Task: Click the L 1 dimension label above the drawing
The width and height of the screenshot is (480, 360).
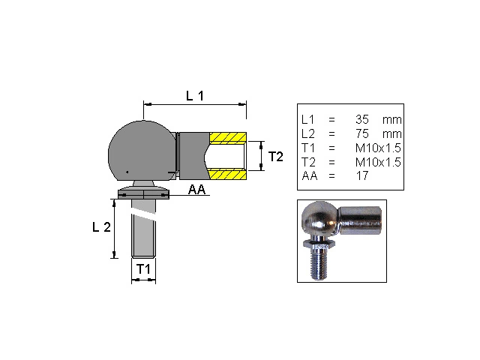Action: [195, 96]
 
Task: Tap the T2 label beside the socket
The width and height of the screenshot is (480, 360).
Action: [276, 157]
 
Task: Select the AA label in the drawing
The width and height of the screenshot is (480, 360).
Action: [196, 190]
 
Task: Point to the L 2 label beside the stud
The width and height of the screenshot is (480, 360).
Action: [101, 227]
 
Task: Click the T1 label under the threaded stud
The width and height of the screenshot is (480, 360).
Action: [143, 269]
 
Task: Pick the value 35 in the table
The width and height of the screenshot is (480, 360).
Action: [362, 119]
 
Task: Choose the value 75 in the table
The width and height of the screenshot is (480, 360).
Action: [362, 133]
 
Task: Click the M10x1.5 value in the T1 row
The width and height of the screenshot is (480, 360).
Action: [378, 148]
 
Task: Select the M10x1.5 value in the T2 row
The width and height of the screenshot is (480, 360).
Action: [378, 162]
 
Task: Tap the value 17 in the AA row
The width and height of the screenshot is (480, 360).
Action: [361, 175]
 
